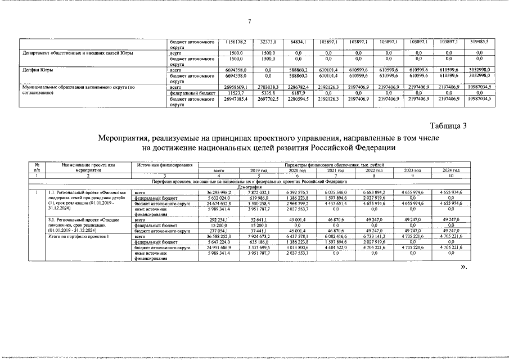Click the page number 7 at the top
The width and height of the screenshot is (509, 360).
click(249, 21)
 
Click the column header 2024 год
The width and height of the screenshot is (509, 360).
click(452, 170)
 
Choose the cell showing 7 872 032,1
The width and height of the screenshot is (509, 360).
click(256, 192)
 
